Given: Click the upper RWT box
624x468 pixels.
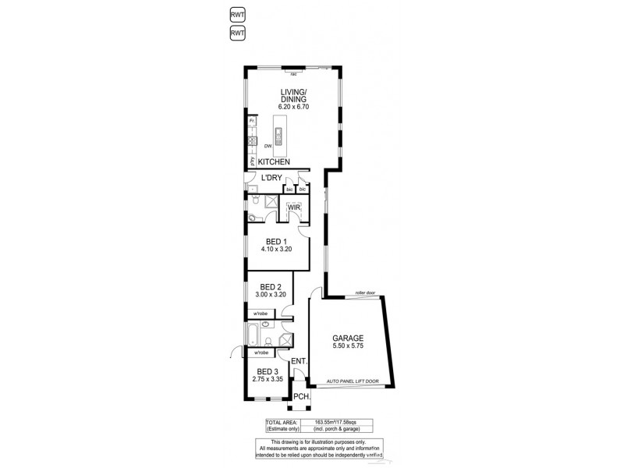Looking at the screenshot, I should coord(237,14).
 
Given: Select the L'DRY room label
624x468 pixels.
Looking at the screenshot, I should coord(271,178).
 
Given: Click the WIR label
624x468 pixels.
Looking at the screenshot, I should coord(293,207).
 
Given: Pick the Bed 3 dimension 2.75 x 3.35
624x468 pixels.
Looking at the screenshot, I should coord(267,379).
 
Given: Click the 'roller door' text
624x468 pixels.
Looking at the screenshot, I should coord(364,293).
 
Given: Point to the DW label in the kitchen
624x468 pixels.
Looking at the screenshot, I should coord(268,146).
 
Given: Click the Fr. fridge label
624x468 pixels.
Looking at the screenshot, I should coord(252,121).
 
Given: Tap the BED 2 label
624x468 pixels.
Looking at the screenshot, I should coord(270,286).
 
